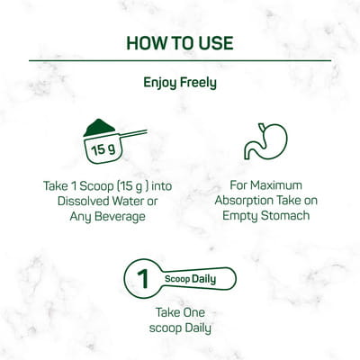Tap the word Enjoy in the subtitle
(x=160, y=83)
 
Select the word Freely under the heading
(x=198, y=83)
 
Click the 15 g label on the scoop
(x=103, y=149)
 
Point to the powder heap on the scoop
(x=99, y=127)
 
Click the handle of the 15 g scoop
(x=131, y=134)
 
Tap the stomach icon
(x=265, y=141)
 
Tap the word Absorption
(x=239, y=201)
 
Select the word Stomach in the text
(x=285, y=216)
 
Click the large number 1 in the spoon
(x=142, y=279)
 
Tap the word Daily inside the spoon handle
(x=203, y=279)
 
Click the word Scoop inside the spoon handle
(x=177, y=279)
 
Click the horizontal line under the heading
(x=180, y=60)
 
